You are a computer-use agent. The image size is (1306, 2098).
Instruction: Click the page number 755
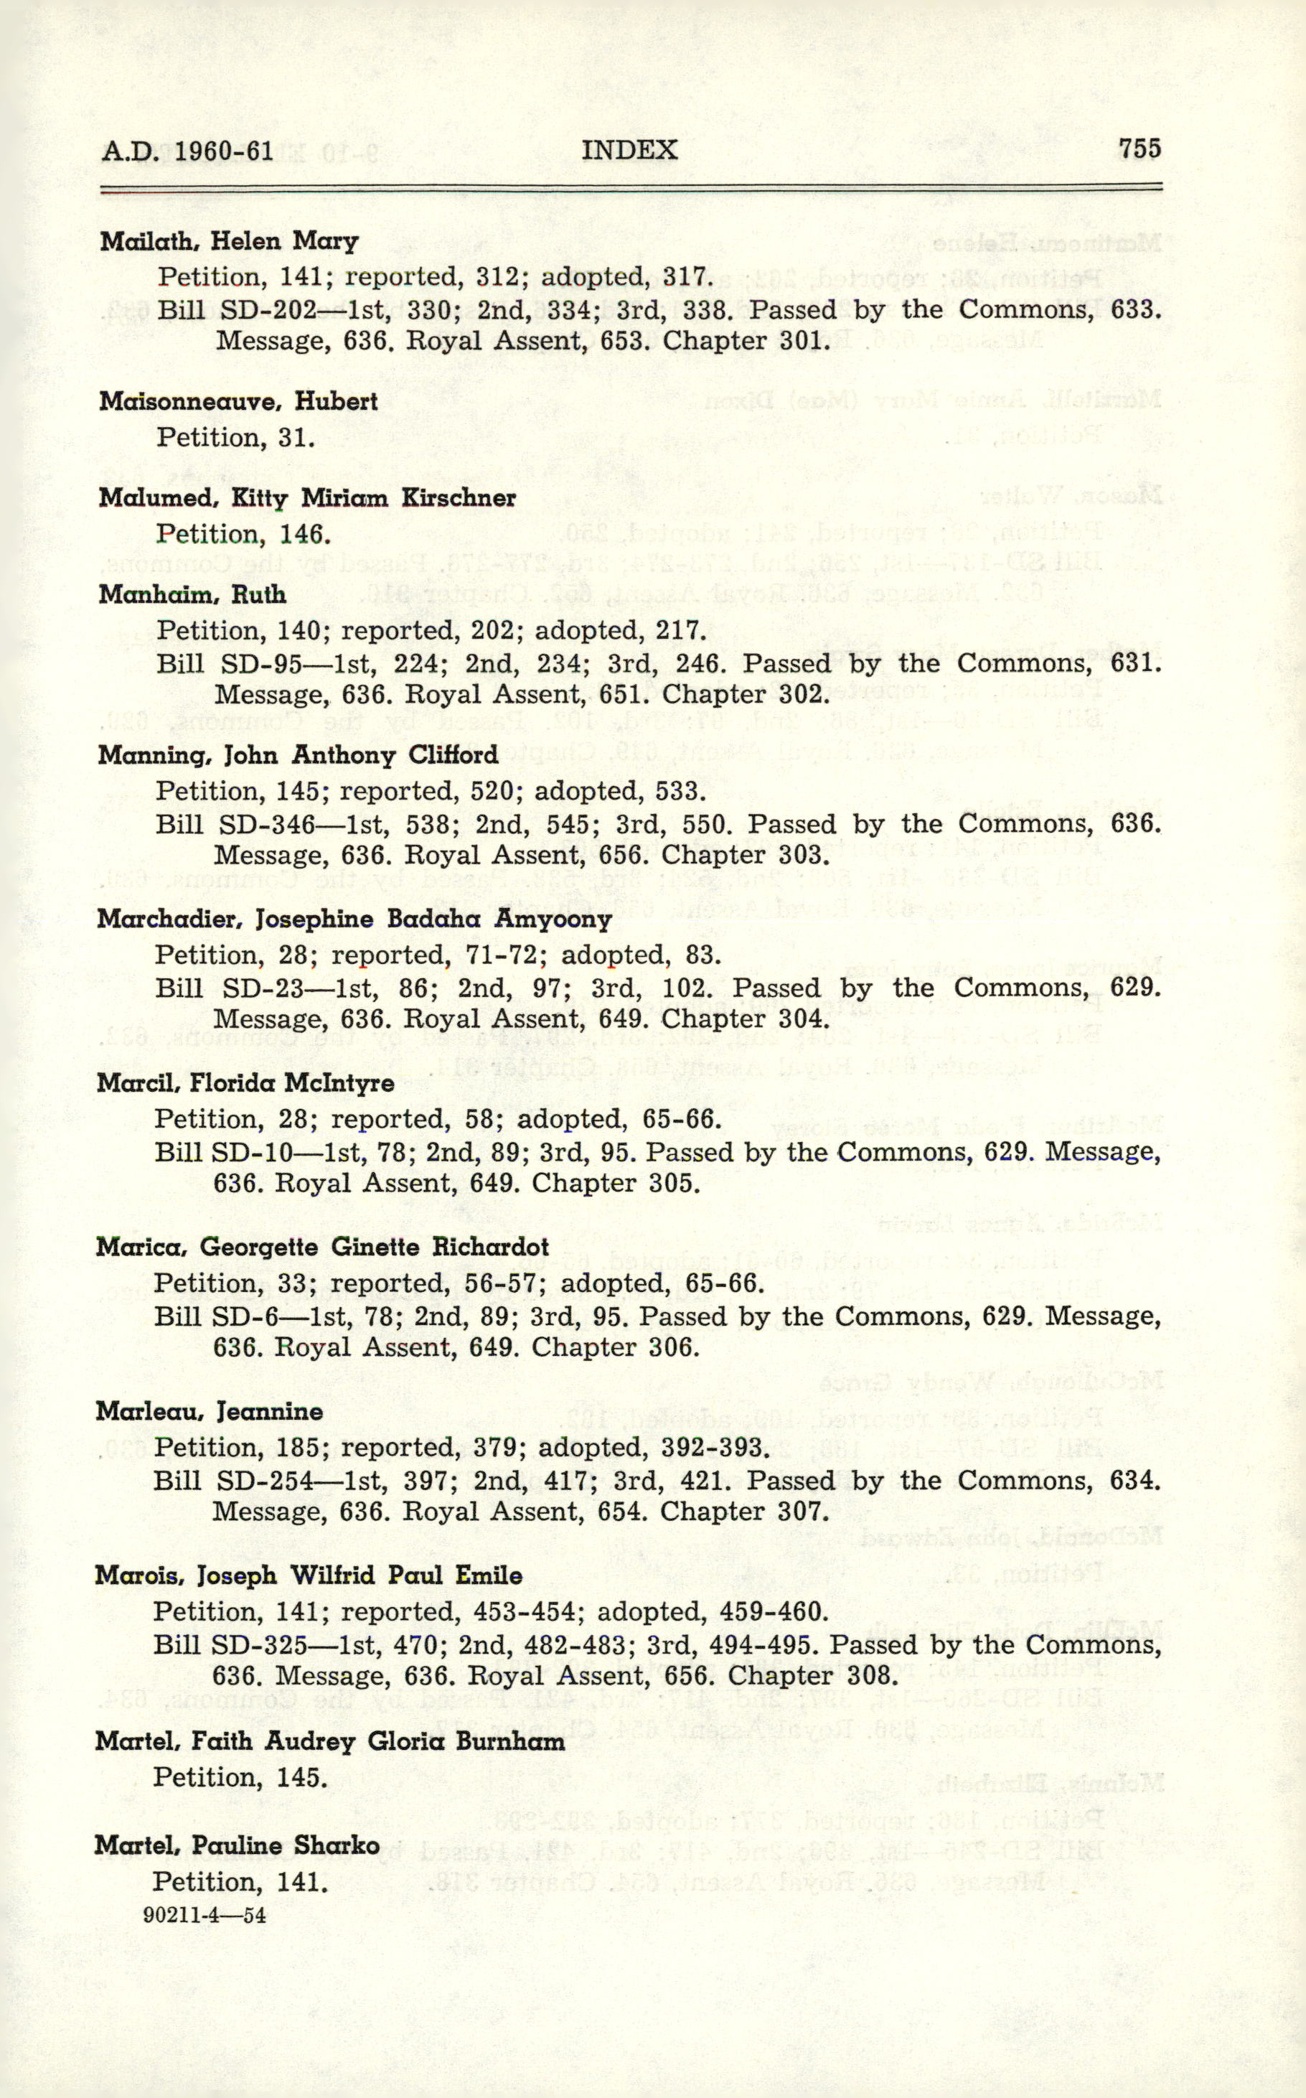1140,149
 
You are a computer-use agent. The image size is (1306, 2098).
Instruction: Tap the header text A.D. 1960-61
187,152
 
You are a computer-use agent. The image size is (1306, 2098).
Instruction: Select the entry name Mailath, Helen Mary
229,241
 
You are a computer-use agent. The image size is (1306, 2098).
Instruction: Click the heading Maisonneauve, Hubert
238,402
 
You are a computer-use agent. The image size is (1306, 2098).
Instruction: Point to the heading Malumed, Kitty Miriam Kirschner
306,498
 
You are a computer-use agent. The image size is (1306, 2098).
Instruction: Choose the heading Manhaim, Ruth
192,594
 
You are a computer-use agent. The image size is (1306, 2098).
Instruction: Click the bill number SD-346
266,824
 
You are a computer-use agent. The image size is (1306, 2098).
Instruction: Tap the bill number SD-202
268,310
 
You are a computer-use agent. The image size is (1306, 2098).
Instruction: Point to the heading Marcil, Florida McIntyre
245,1083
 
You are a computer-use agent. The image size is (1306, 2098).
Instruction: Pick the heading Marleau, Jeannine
209,1411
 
